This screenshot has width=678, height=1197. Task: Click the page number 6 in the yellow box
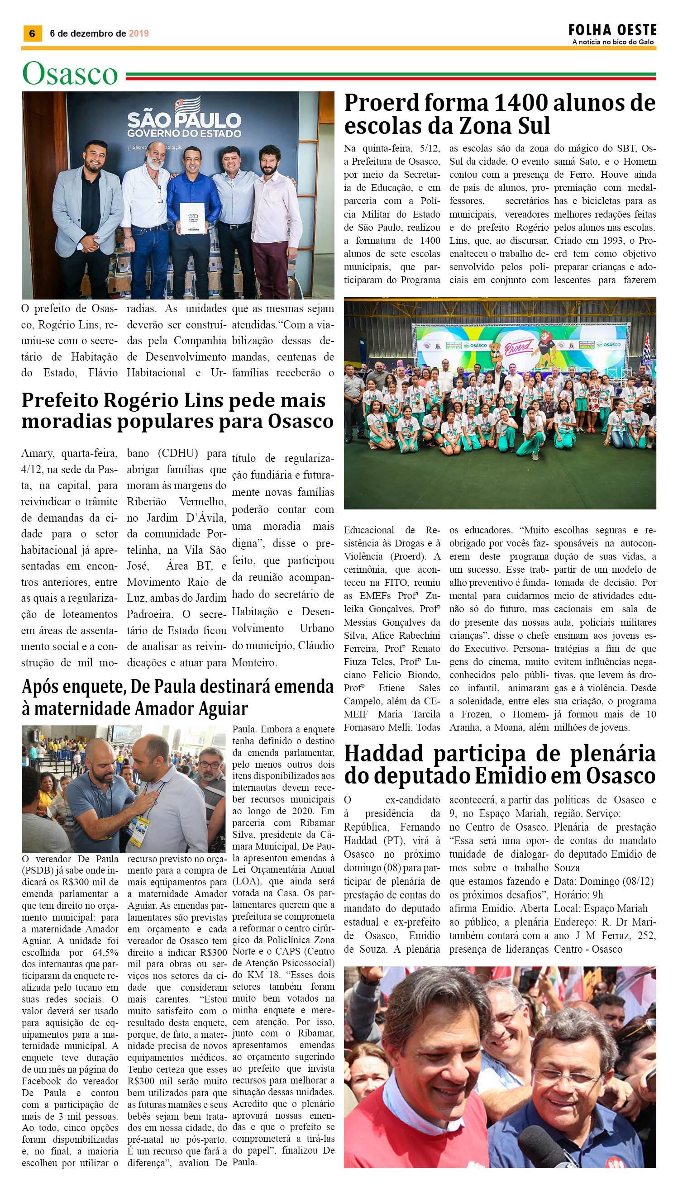click(32, 33)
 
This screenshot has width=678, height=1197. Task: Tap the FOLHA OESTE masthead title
click(612, 31)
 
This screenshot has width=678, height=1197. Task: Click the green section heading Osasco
click(70, 74)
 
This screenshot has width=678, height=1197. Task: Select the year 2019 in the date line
click(138, 33)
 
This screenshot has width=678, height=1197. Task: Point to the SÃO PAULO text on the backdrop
click(184, 120)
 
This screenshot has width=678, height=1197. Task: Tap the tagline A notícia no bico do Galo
click(613, 43)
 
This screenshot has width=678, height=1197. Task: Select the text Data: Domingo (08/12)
click(603, 881)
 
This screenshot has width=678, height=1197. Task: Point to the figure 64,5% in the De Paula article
click(101, 953)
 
